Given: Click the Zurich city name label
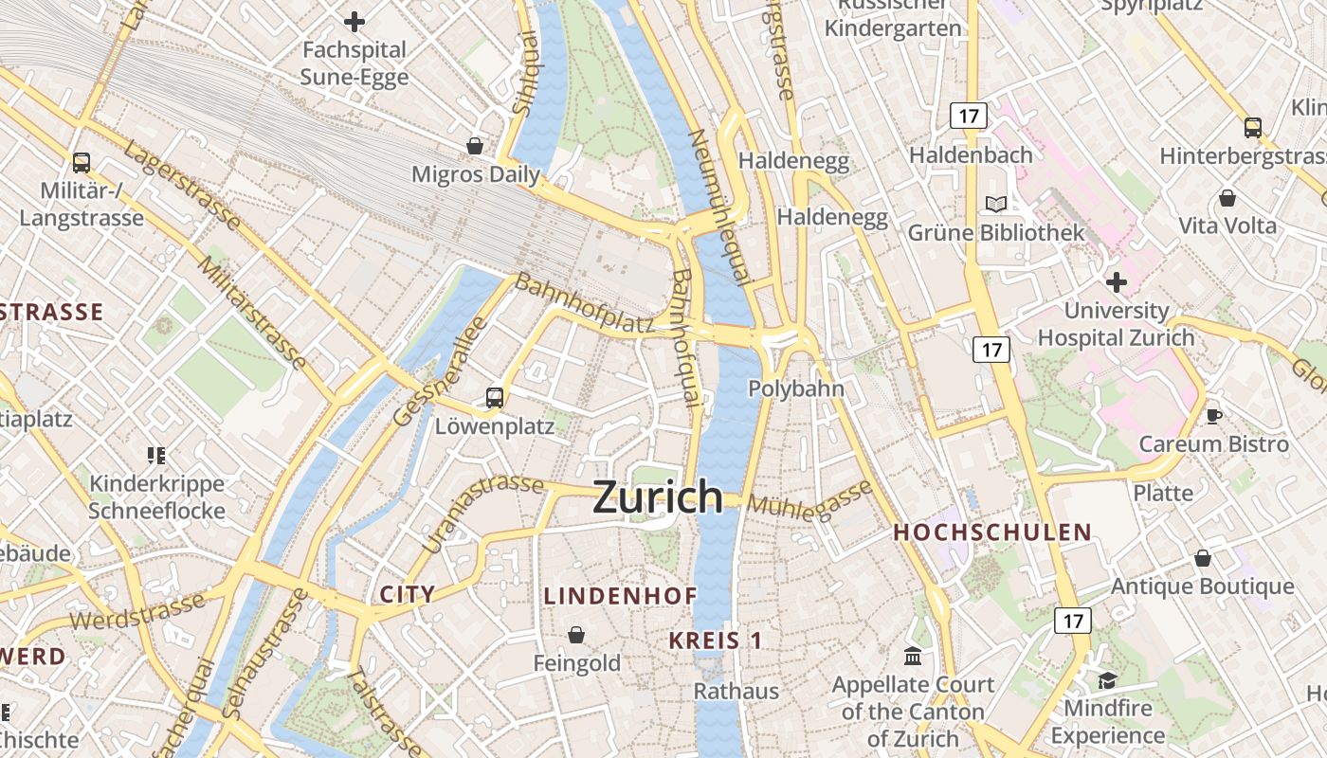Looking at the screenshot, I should pos(658,496).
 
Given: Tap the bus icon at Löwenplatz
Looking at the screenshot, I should pos(495,398).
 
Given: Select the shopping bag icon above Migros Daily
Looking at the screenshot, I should pos(475,146).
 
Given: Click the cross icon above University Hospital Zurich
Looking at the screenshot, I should pos(1117,281).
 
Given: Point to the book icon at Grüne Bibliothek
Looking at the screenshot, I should pos(995,204).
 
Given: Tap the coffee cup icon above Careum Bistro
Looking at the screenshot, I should pos(1213,415).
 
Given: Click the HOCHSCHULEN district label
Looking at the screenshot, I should pos(992,532).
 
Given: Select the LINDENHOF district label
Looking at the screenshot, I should pos(621,596).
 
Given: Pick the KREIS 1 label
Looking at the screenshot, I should pos(716,641).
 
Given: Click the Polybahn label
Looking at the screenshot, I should pos(796,388).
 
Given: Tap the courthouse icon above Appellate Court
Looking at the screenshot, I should pos(913,656).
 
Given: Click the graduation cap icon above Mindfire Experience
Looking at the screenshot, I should pos(1107,680).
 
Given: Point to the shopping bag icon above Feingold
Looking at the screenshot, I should pos(576,635).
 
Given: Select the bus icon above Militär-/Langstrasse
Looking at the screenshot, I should pos(82,163).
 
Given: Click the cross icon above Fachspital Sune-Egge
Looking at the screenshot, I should pos(354,21).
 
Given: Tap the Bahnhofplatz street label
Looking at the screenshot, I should pos(584,304).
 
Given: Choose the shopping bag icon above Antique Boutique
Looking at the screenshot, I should pos(1203,559).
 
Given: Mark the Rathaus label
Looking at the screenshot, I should pos(736,691).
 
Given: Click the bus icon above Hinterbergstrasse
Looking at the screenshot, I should pos(1253,128).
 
